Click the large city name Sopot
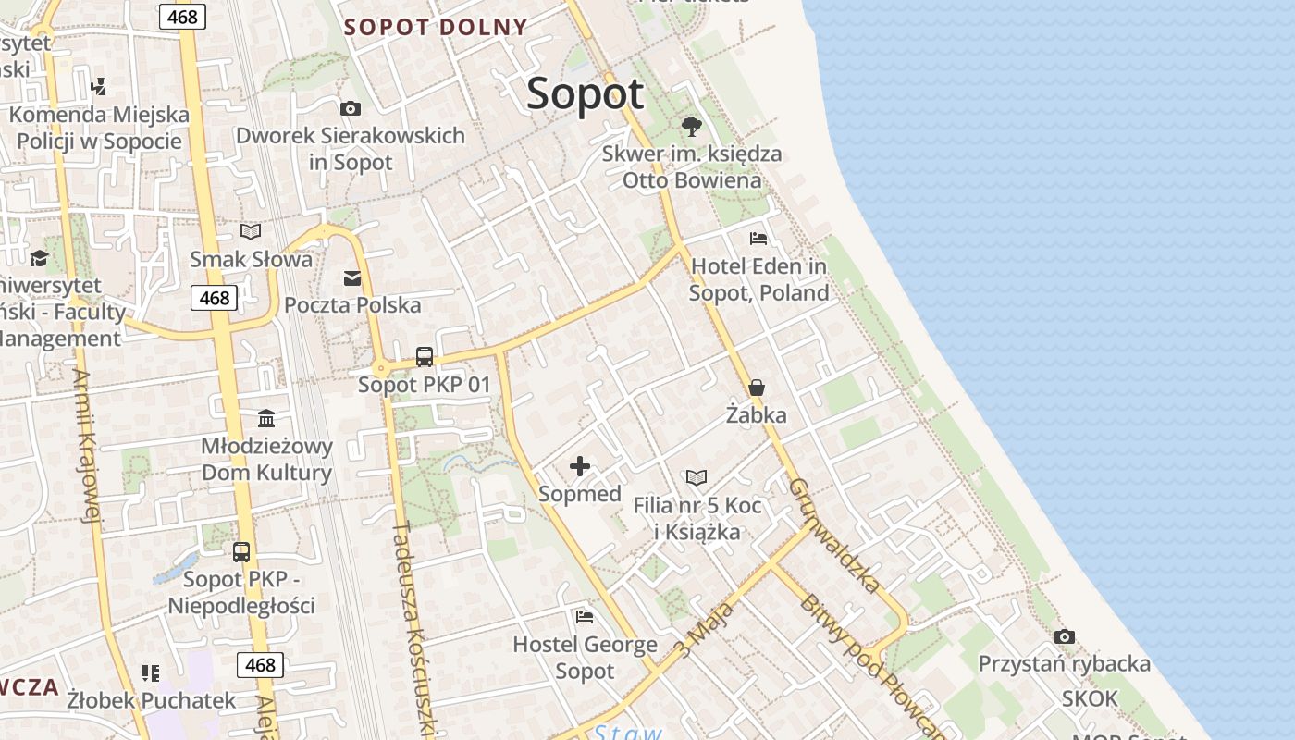coord(585,94)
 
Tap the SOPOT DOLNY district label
coord(436,27)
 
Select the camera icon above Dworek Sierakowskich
coord(351,108)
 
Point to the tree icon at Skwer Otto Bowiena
coord(691,126)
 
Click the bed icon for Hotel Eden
coord(758,239)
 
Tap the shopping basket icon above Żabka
coord(757,388)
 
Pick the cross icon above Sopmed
coord(580,466)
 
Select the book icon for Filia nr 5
coord(697,477)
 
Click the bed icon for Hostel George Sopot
coord(585,616)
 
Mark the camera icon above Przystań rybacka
coord(1065,636)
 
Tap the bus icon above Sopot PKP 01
coord(425,356)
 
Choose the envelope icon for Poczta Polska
coord(352,277)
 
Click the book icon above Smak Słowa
coord(251,231)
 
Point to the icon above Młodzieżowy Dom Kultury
coord(266,418)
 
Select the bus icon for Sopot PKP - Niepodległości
coord(241,552)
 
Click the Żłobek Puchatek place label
coord(152,700)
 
